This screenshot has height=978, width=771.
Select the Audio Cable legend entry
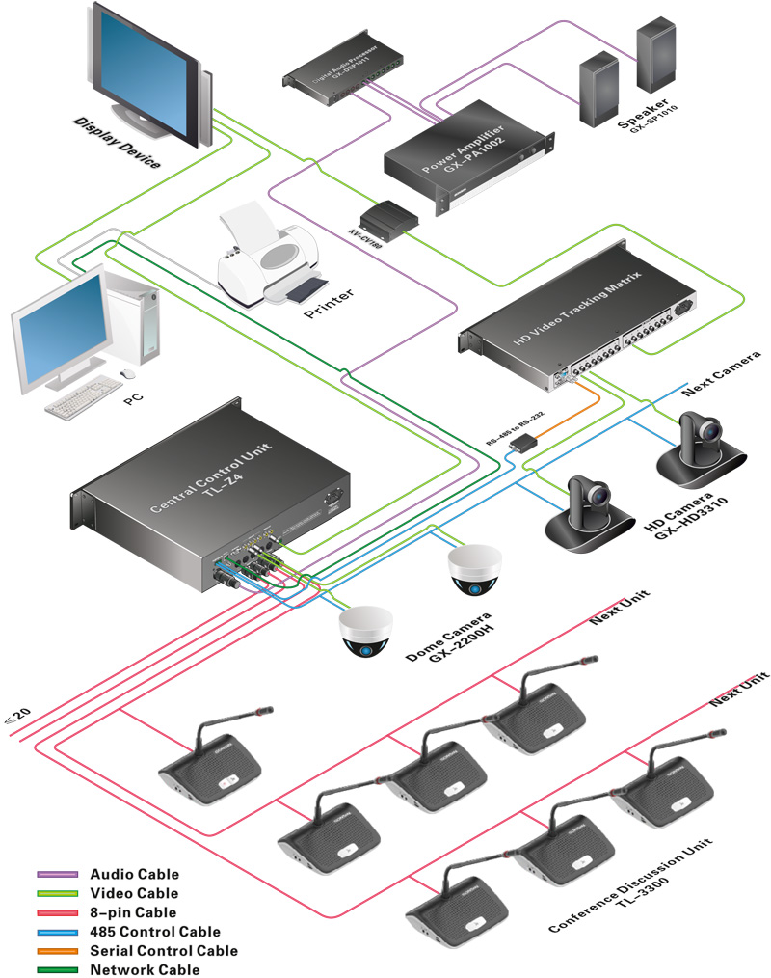pyautogui.click(x=134, y=874)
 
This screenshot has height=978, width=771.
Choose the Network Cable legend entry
pyautogui.click(x=145, y=969)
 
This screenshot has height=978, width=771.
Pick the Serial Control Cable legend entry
pyautogui.click(x=163, y=950)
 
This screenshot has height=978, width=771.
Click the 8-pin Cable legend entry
pyautogui.click(x=133, y=912)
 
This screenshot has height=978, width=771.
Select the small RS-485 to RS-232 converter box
pyautogui.click(x=524, y=442)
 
